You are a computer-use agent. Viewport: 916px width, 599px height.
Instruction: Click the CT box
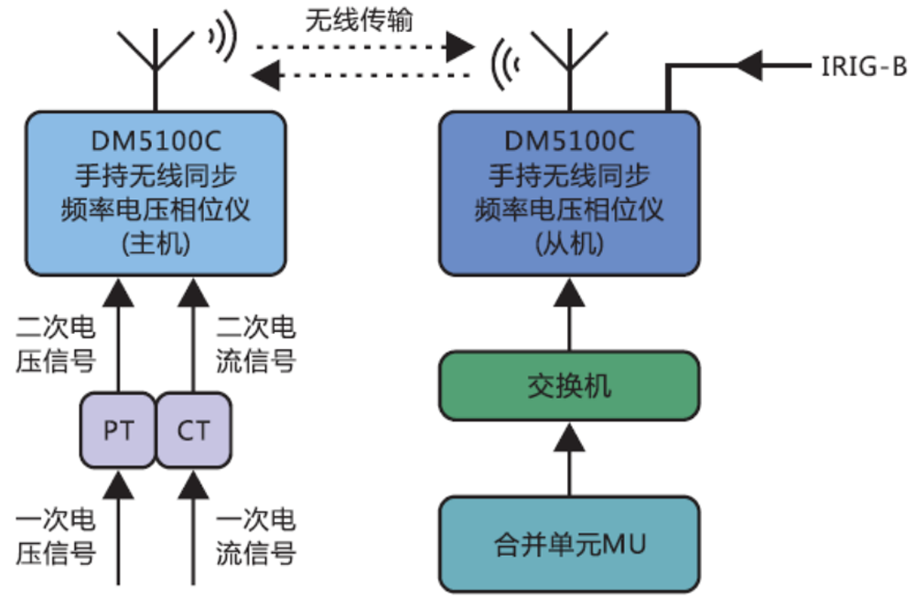pyautogui.click(x=193, y=431)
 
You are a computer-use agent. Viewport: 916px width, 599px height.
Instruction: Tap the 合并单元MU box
pyautogui.click(x=569, y=545)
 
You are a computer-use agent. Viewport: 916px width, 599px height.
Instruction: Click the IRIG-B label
pyautogui.click(x=859, y=66)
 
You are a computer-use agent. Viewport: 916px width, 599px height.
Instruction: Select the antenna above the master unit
pyautogui.click(x=156, y=64)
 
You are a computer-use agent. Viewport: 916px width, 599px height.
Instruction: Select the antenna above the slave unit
pyautogui.click(x=569, y=64)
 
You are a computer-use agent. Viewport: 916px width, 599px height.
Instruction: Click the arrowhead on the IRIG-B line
pyautogui.click(x=752, y=65)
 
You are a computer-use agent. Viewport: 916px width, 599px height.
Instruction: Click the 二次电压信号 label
pyautogui.click(x=55, y=344)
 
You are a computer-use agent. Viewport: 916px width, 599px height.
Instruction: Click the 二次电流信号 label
pyautogui.click(x=257, y=344)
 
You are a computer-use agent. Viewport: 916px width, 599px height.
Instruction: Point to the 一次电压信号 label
pyautogui.click(x=55, y=536)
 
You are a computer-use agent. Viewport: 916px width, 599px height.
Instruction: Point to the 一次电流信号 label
pyautogui.click(x=257, y=536)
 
